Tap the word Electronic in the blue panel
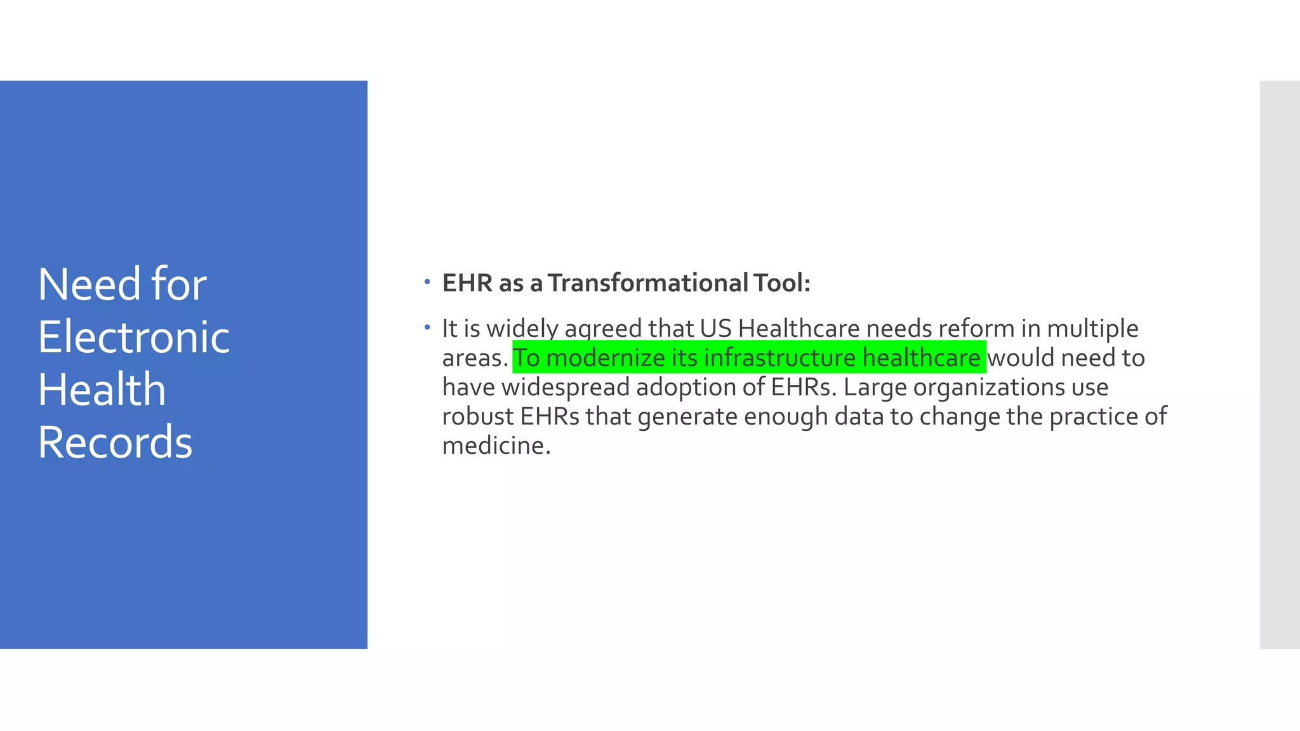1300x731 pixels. (x=134, y=337)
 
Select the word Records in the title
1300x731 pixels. (x=115, y=442)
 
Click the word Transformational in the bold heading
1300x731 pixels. (x=648, y=283)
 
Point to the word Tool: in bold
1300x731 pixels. (x=782, y=283)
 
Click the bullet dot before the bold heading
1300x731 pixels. (x=428, y=281)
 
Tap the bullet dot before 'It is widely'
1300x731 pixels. (x=428, y=327)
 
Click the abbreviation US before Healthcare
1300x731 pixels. (x=715, y=329)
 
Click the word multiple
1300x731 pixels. (x=1092, y=329)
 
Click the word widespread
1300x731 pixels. (x=565, y=387)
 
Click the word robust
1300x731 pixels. (x=477, y=416)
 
